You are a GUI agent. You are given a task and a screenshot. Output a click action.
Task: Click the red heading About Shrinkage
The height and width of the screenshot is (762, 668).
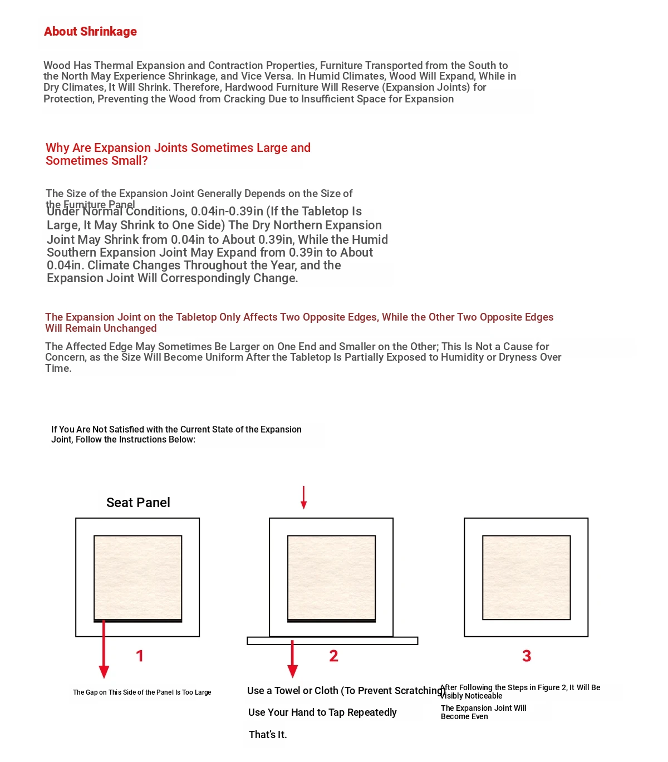pos(90,32)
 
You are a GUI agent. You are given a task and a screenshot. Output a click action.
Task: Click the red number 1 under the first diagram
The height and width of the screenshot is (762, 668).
pos(140,656)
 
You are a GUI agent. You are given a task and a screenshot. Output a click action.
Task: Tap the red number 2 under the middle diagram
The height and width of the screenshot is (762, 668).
pos(333,656)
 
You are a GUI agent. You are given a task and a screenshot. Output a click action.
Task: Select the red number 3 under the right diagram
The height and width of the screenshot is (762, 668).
pos(527,656)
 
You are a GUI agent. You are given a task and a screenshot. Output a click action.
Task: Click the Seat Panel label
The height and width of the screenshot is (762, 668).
pos(138,503)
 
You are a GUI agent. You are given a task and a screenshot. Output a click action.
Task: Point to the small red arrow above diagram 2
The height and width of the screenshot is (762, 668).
pos(303,497)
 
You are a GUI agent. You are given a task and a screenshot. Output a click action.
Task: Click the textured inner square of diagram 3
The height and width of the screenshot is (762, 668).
pos(526,577)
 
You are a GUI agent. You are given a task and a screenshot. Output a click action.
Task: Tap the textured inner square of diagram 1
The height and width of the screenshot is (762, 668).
pos(137,577)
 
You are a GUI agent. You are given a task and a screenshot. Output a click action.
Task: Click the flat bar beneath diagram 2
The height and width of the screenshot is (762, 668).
pos(332,641)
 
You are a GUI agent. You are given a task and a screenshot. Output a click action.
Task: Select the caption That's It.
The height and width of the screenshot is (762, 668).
pos(268,735)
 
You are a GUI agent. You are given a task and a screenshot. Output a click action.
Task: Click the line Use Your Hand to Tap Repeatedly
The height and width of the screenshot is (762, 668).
pos(322,712)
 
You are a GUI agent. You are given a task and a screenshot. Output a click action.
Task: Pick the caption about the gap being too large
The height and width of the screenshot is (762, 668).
pos(142,692)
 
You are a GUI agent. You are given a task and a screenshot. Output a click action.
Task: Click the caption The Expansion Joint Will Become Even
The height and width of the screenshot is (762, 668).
pos(483,712)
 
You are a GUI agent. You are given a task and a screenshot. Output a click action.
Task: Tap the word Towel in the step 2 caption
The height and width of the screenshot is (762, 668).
pos(287,691)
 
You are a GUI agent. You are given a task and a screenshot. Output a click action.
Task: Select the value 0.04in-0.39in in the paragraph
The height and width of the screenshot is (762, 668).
pos(227,212)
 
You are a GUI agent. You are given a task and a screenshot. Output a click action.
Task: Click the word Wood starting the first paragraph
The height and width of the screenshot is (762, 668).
pos(57,66)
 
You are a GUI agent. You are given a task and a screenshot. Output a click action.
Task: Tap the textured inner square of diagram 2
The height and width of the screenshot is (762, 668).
pos(331,577)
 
